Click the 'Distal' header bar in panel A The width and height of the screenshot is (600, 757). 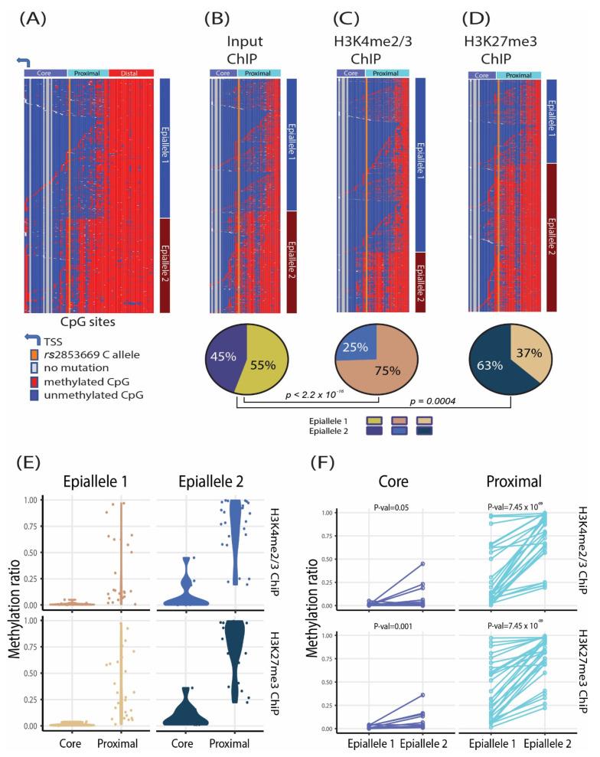point(131,73)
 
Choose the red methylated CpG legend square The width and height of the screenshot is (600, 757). point(32,380)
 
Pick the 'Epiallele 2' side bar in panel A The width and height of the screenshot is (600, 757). point(165,266)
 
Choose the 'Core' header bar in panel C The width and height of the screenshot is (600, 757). point(350,73)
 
